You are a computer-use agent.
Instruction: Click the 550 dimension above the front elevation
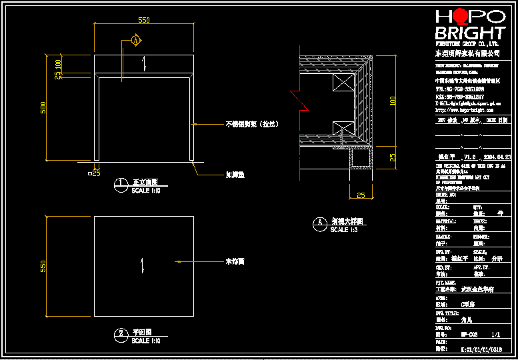pos(143,20)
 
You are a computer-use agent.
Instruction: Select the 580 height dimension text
pos(43,107)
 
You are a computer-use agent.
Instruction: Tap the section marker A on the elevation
pos(136,41)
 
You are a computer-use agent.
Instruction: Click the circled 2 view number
pos(121,333)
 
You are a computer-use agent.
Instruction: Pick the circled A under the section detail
pos(319,223)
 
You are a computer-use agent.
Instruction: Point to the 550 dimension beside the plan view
pos(43,266)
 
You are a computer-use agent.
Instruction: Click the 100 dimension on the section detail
pos(393,101)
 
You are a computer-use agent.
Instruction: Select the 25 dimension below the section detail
pos(360,195)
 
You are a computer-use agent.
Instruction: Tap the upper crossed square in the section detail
pos(345,82)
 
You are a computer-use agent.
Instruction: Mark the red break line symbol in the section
pos(297,99)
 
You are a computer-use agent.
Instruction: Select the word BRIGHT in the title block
pos(469,33)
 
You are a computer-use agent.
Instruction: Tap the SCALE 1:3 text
pos(344,229)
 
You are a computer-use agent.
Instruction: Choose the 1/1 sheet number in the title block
pos(495,335)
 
